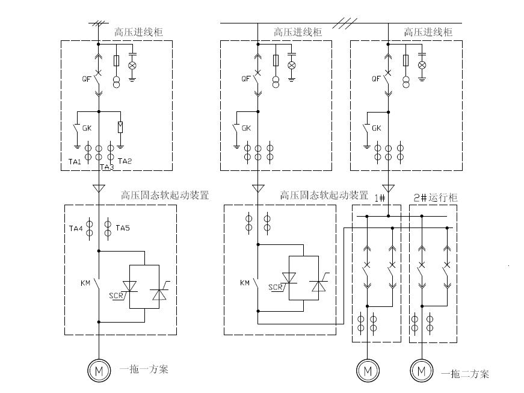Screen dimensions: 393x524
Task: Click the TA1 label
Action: (x=75, y=161)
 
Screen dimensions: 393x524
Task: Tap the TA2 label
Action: (x=125, y=161)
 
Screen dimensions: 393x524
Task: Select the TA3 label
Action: (x=106, y=167)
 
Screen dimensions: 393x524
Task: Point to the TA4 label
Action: (x=75, y=228)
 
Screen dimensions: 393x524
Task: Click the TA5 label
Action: (x=123, y=228)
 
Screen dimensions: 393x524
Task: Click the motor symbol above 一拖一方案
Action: (x=98, y=371)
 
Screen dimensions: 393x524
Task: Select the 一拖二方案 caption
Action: (x=465, y=374)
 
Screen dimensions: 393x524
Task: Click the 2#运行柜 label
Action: (x=435, y=197)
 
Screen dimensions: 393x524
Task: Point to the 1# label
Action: (x=380, y=197)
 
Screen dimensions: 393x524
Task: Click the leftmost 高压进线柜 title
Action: (x=138, y=32)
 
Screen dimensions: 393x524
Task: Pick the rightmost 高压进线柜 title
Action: (x=428, y=32)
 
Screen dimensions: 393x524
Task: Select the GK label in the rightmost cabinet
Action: (x=377, y=128)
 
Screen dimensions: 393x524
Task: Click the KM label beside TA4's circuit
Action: (x=85, y=282)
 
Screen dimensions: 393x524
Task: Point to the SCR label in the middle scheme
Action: (x=276, y=287)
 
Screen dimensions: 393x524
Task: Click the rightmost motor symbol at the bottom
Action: (x=422, y=371)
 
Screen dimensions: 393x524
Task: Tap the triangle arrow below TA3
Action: (x=98, y=188)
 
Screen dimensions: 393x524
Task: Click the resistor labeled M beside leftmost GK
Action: (x=120, y=126)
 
